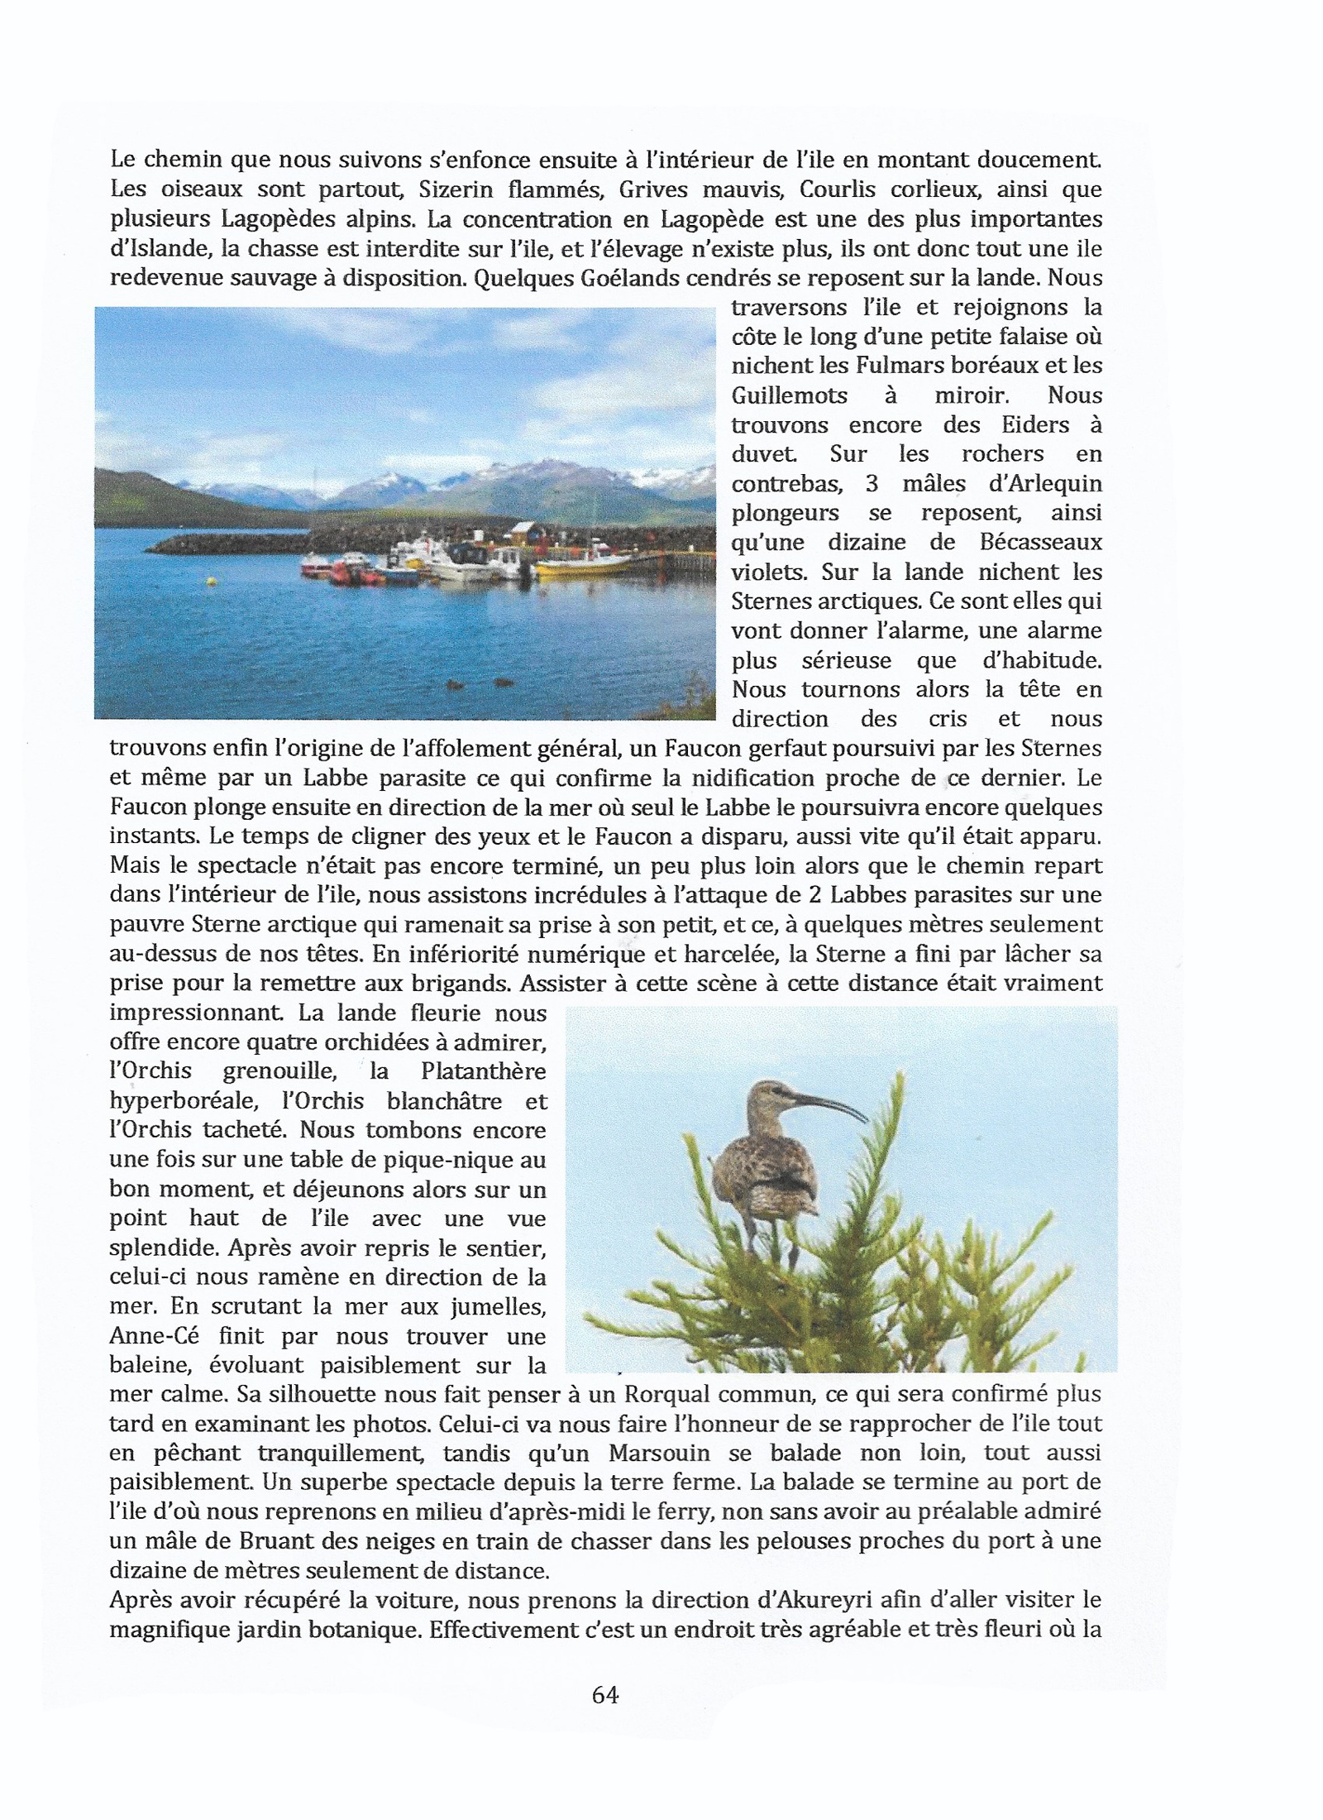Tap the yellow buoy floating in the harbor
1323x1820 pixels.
click(213, 581)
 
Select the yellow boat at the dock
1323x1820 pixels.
click(584, 567)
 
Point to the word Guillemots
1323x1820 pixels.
click(789, 395)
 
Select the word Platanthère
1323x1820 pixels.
click(483, 1072)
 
